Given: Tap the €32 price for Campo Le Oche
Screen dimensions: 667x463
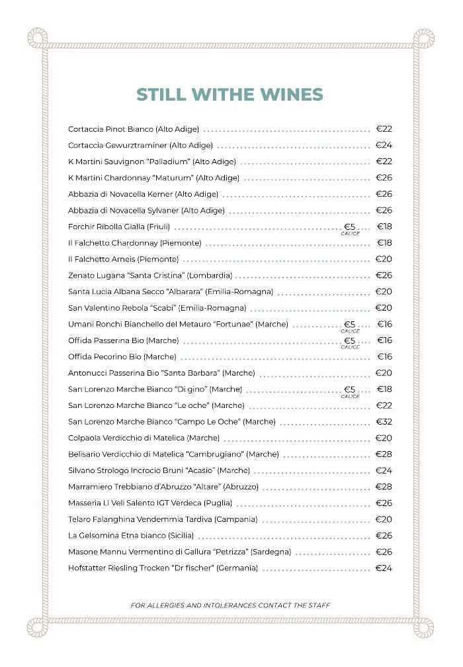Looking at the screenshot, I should [384, 422].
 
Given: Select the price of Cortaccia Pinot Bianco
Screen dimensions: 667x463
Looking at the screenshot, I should [384, 129].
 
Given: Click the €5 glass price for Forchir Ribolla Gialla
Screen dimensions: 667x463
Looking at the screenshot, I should [350, 227].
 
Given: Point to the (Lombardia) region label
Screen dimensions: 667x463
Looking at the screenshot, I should [210, 276].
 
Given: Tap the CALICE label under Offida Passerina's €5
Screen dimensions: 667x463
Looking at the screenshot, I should [350, 347].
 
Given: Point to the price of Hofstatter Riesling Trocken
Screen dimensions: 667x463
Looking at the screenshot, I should [384, 568].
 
